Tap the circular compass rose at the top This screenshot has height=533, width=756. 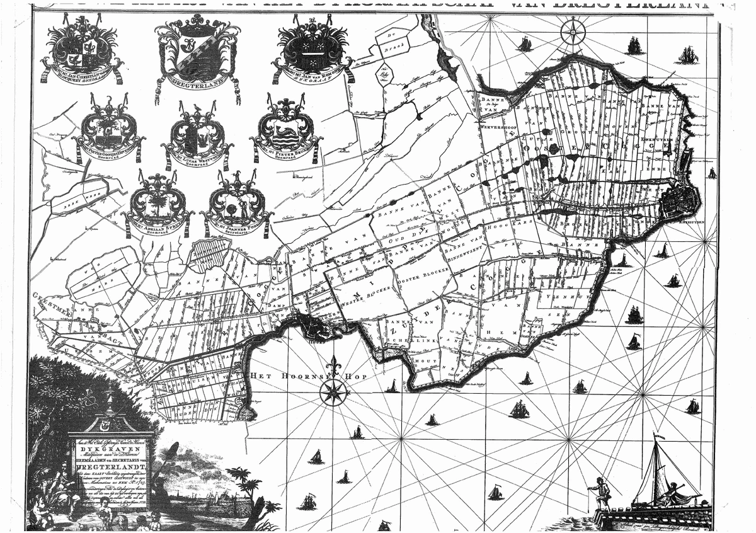click(572, 30)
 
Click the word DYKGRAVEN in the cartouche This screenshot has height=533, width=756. click(112, 450)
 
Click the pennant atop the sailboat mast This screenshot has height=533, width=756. click(659, 435)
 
